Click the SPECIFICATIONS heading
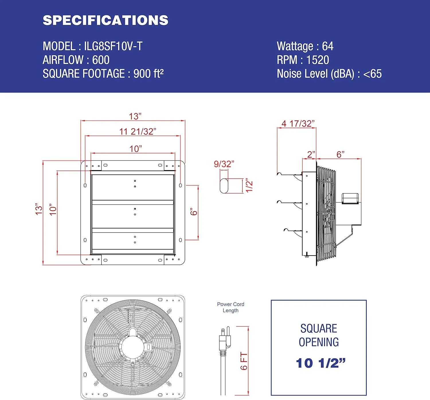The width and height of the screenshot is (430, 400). [105, 20]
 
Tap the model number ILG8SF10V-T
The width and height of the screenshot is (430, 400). [113, 46]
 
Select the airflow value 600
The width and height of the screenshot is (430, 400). [101, 60]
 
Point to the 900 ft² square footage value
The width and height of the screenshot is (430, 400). [148, 74]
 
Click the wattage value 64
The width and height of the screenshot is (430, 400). [328, 46]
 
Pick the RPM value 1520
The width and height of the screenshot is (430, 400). [318, 60]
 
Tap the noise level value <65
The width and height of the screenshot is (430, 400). [372, 74]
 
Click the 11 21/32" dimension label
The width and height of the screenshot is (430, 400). [138, 132]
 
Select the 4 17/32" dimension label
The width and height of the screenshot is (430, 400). [298, 123]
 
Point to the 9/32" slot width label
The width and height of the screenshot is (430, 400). [224, 164]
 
